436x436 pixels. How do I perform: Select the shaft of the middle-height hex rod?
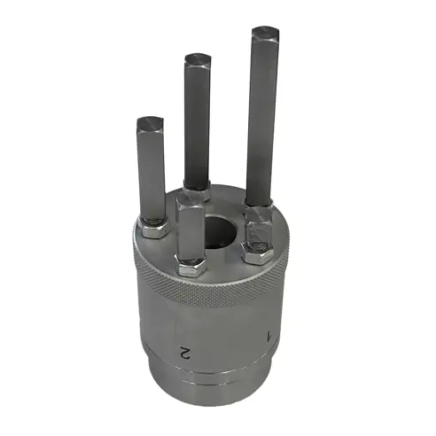point(197,124)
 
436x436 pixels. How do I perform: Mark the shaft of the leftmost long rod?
point(152,173)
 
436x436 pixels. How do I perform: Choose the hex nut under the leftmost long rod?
point(154,230)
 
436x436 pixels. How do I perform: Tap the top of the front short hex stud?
point(189,199)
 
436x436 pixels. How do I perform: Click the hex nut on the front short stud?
point(192,264)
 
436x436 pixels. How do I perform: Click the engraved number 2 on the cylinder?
point(185,351)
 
